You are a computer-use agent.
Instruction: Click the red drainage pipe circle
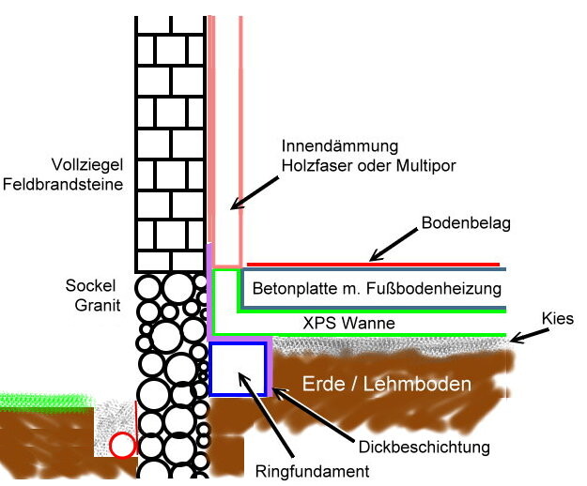(x=122, y=446)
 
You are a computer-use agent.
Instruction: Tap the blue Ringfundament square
(x=238, y=367)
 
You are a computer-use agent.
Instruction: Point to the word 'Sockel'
(x=89, y=284)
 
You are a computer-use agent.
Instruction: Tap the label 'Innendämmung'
(x=327, y=146)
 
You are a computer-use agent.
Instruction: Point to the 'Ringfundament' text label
(x=313, y=470)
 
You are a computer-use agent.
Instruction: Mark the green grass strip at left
(x=47, y=401)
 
